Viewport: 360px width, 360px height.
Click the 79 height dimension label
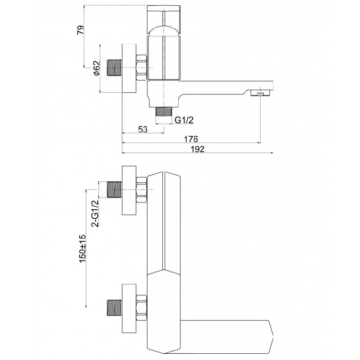coord(81,30)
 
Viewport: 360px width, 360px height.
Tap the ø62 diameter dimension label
coord(96,68)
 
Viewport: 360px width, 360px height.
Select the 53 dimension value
coord(143,129)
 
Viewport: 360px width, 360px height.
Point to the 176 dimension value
coord(191,139)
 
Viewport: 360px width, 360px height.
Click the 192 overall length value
coord(198,149)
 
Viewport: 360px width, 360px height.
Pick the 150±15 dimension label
coord(82,248)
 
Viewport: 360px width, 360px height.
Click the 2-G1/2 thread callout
coord(95,213)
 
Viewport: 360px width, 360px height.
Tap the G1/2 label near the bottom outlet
coord(184,120)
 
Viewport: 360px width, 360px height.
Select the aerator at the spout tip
coord(261,94)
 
